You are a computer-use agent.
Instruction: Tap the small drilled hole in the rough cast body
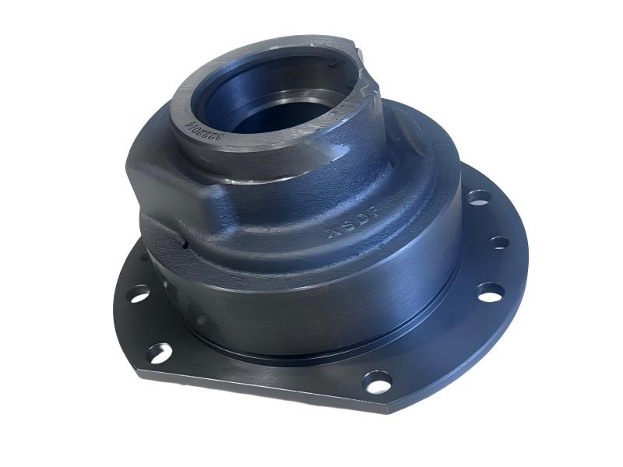pyautogui.click(x=185, y=246)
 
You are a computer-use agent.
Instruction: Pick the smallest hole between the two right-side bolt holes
pyautogui.click(x=499, y=243)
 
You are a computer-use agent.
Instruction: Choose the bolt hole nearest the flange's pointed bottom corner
pyautogui.click(x=378, y=381)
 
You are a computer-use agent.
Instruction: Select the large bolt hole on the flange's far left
pyautogui.click(x=139, y=293)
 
